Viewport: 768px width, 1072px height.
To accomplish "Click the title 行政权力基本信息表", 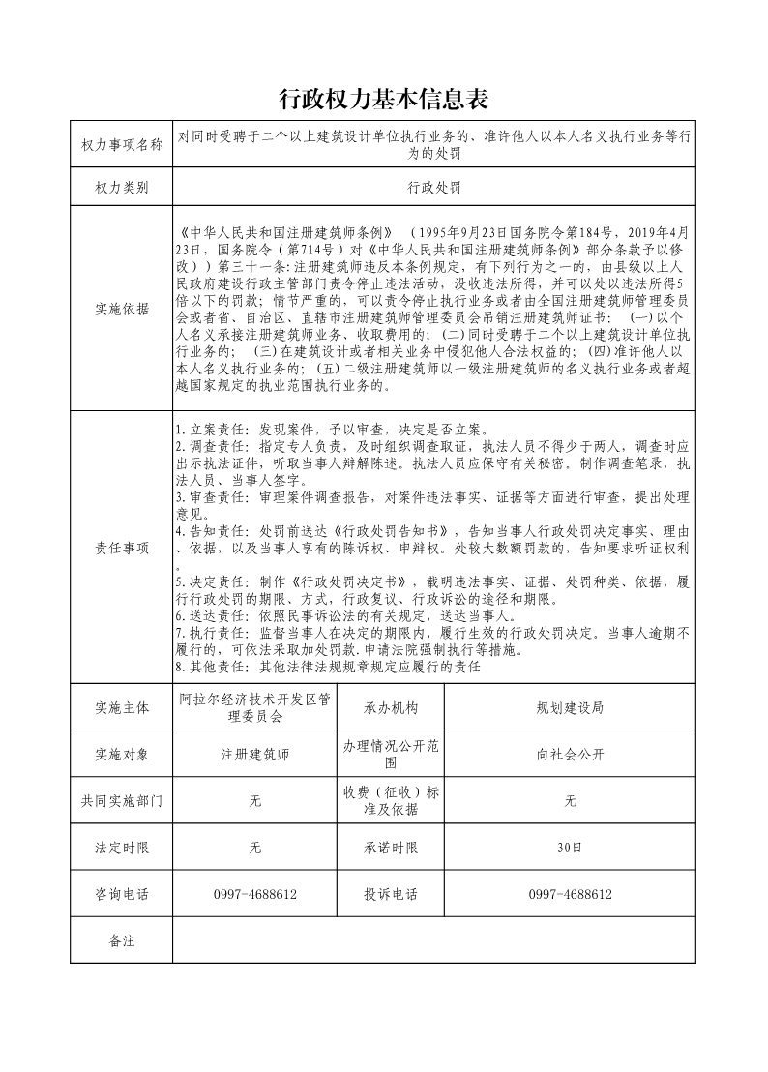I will [x=383, y=99].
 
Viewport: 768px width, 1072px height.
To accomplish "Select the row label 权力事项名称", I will [x=122, y=145].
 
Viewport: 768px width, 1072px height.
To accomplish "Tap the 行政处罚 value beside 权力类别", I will [x=433, y=187].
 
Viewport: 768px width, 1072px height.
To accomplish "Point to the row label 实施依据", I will [x=122, y=310].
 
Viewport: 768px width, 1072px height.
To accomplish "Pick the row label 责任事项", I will [x=122, y=548].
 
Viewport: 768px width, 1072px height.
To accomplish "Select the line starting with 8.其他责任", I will [x=329, y=668].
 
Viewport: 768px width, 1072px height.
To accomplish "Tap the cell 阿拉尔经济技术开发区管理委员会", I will [x=255, y=708].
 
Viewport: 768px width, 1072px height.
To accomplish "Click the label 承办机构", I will [x=391, y=708].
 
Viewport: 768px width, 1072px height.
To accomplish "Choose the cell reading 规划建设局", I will [x=570, y=708].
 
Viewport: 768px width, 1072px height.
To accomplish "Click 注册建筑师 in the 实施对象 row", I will [x=255, y=755].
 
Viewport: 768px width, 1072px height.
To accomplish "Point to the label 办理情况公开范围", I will [x=391, y=755].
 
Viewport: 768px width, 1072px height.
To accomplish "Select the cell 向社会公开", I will [x=570, y=755].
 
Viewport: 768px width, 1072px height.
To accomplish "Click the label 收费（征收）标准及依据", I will [x=391, y=801].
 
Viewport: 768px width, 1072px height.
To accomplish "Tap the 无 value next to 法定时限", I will [x=255, y=848].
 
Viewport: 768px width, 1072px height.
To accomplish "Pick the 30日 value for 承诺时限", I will [x=570, y=848].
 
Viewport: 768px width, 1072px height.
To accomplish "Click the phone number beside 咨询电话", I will [x=255, y=894].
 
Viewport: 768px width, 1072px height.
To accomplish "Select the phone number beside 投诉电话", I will [x=570, y=894].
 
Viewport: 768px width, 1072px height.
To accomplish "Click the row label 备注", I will [x=122, y=940].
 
